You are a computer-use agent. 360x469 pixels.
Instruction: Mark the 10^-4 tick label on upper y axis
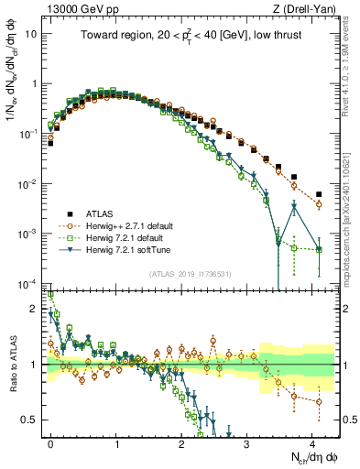28,283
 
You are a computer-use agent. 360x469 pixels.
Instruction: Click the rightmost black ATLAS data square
319,194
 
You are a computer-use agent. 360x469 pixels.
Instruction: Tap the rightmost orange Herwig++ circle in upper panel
319,205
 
